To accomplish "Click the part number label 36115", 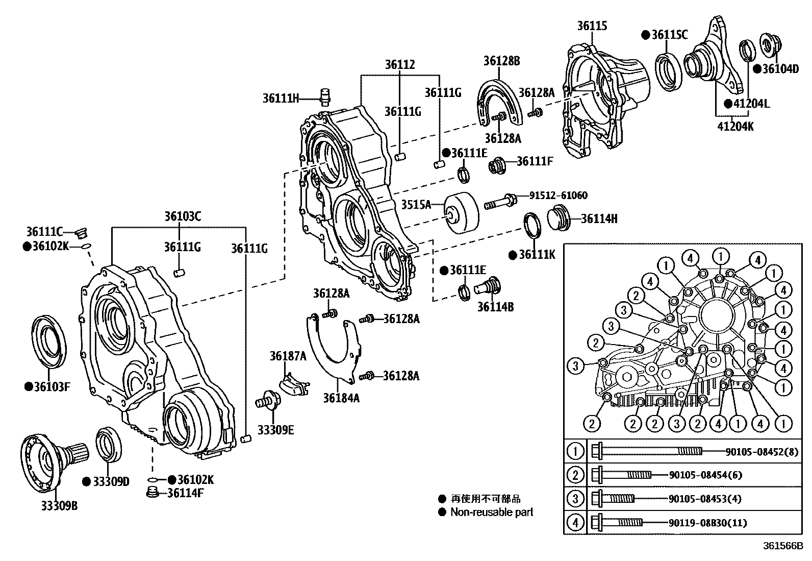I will (x=592, y=26).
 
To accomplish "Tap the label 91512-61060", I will (x=557, y=196).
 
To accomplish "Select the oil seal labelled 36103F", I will (x=49, y=340).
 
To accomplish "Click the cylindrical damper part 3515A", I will (x=462, y=211).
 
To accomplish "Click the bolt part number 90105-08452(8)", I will (x=764, y=451).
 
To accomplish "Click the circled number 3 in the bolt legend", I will (x=575, y=499).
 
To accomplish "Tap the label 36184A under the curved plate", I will (x=341, y=397).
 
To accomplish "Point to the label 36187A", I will (x=288, y=356).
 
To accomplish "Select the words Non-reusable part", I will (x=491, y=512).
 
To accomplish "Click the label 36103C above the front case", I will (x=182, y=216).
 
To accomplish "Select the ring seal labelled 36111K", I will (x=532, y=225).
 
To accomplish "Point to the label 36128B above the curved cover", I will (x=501, y=61).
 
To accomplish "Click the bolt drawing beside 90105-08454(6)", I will (x=622, y=475).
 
